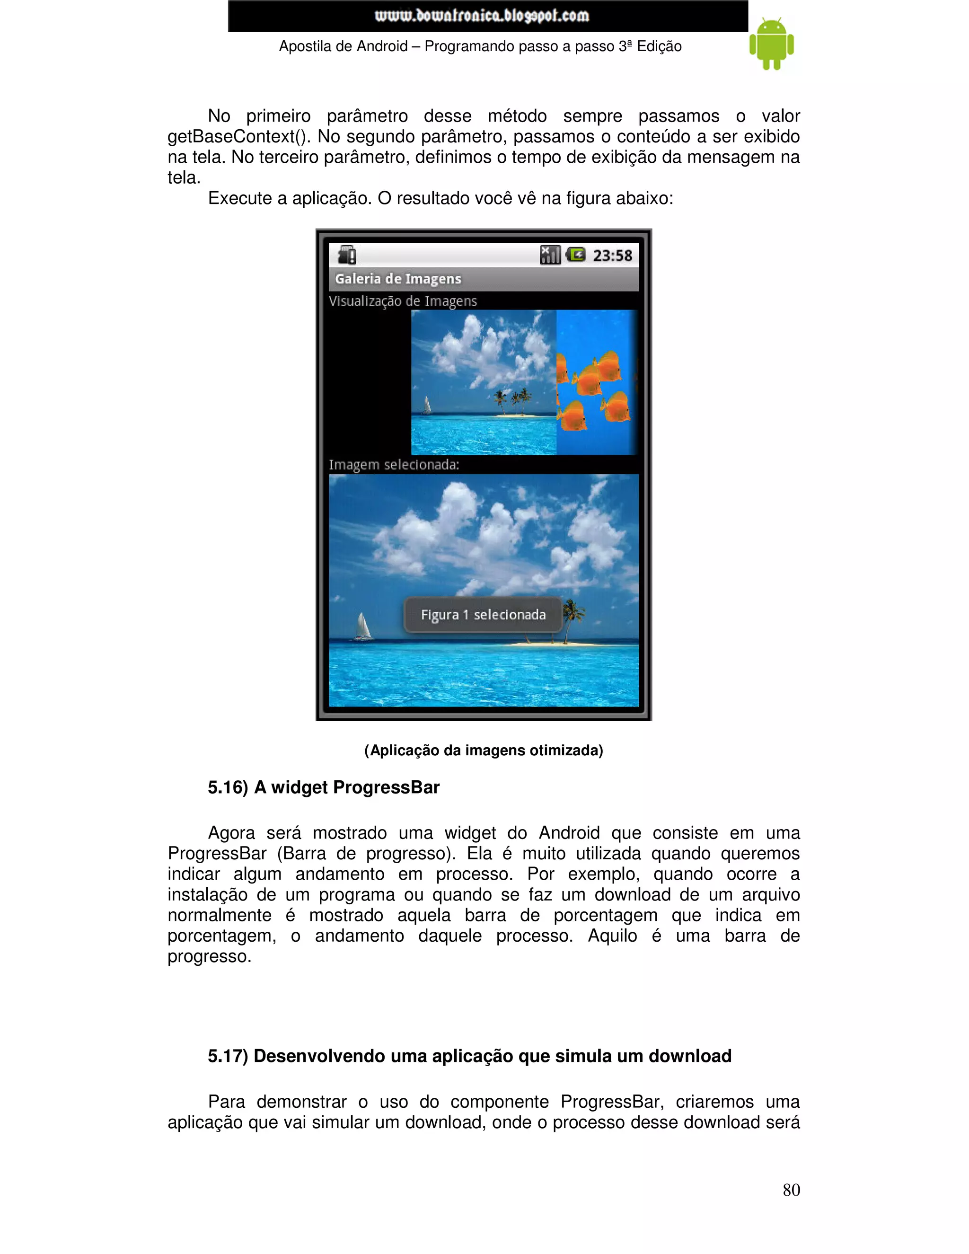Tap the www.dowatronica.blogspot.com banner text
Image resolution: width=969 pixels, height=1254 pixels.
tap(482, 16)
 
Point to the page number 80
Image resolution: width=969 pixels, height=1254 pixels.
tap(791, 1190)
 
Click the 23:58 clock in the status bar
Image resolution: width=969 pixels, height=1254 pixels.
tap(613, 256)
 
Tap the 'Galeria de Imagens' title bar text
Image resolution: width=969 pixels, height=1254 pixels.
tap(398, 279)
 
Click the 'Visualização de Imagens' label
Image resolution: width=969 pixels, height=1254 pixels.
tap(403, 301)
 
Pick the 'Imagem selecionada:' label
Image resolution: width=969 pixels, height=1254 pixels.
tap(394, 465)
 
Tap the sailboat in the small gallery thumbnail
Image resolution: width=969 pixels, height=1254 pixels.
tap(426, 406)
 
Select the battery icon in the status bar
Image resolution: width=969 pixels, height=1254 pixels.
tap(576, 255)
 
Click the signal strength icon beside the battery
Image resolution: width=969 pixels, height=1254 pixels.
tap(550, 255)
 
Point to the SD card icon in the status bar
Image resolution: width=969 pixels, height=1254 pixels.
tap(347, 255)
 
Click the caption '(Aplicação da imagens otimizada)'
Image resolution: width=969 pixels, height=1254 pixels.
tap(484, 751)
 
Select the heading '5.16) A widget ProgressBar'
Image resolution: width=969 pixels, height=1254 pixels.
tap(323, 787)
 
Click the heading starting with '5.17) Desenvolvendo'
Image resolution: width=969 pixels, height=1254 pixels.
tap(469, 1056)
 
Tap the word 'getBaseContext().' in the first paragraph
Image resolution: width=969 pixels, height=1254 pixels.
tap(239, 137)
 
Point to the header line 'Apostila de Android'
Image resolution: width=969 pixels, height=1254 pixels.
tap(480, 46)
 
